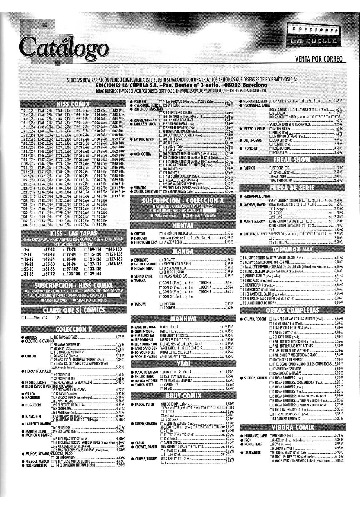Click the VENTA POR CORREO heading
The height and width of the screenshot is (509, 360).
[x=319, y=59]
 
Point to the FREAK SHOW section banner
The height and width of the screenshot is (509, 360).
[x=292, y=160]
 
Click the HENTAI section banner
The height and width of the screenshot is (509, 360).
[x=183, y=225]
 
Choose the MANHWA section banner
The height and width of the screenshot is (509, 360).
[x=183, y=319]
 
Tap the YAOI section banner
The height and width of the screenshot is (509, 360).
[x=183, y=364]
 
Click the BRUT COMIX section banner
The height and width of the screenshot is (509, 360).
[x=183, y=396]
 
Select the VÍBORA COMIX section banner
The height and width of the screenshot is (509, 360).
[x=292, y=427]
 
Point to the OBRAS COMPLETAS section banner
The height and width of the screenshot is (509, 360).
[x=292, y=310]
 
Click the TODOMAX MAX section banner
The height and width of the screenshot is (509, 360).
[x=292, y=249]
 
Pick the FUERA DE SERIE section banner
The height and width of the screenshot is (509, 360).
[x=292, y=188]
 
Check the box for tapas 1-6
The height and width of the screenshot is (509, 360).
[x=22, y=250]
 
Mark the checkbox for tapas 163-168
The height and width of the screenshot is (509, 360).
[x=107, y=264]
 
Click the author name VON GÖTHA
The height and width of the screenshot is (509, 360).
[x=142, y=154]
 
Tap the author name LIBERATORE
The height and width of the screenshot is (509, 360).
[x=253, y=452]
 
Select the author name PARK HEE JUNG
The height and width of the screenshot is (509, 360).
[x=145, y=327]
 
